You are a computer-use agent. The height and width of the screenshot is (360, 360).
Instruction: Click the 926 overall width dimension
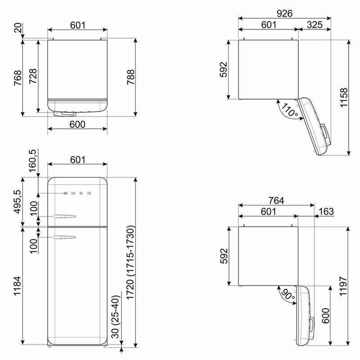284,13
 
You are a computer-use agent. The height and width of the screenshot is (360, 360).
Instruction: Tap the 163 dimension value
325,211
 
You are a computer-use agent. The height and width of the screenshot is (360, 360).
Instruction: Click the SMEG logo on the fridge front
77,193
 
